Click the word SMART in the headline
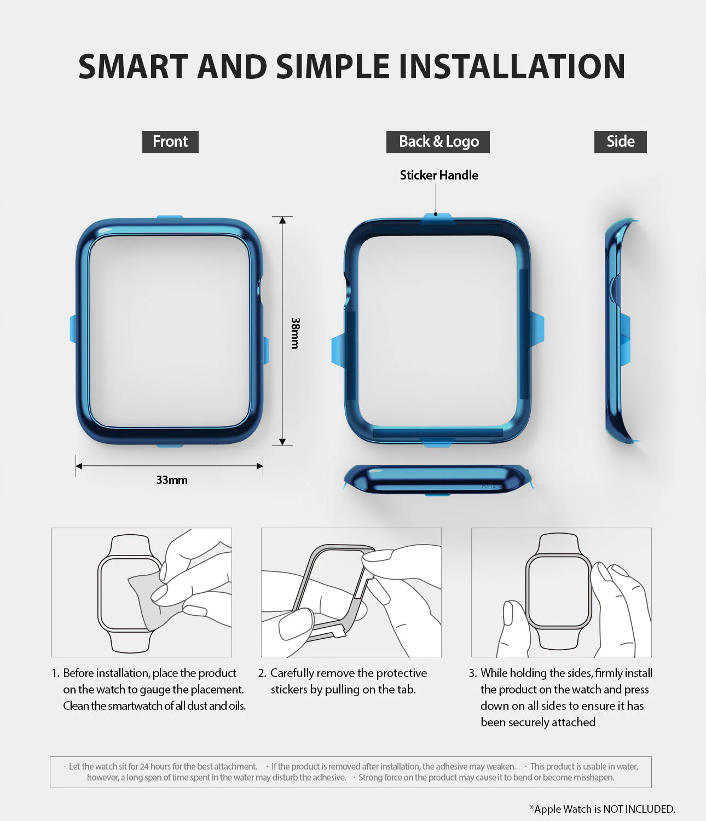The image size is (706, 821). pos(133,67)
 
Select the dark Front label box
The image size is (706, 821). pos(170,142)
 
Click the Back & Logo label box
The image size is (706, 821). pos(438,142)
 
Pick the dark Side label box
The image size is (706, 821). pos(620,142)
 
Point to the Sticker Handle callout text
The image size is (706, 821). pos(439,175)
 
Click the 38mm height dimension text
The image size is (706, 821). pos(295,333)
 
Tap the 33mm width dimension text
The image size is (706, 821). pos(171,480)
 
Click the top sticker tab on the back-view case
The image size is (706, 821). pos(437,218)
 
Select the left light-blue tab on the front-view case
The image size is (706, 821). pos(73,329)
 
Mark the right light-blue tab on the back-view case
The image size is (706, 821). pos(537,329)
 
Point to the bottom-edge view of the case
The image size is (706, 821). pos(437,479)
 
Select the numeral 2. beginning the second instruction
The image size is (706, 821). pos(262,673)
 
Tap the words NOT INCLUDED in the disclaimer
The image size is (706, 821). pos(639,809)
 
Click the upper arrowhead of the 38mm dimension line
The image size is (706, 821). pos(282,221)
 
